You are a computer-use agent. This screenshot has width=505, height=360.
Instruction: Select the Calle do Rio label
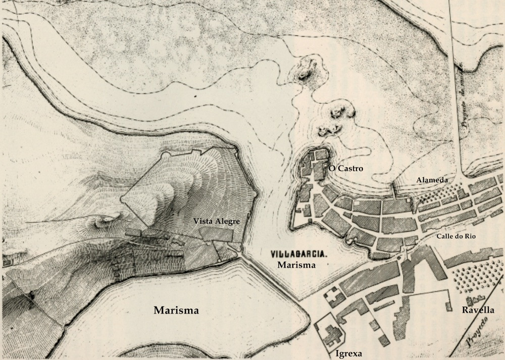(457, 236)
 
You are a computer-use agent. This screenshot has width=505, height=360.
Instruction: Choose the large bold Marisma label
(176, 311)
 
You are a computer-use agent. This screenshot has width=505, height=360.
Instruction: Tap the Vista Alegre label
(217, 221)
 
